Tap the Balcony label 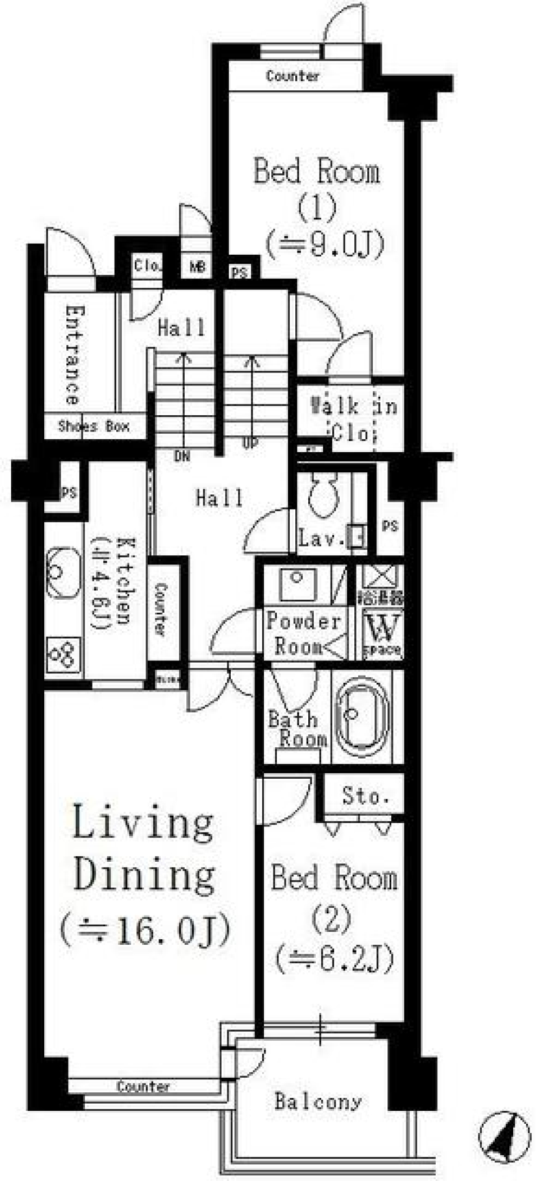318,1101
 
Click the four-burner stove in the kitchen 62,654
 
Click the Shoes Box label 94,426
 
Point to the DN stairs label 182,456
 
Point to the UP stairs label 250,443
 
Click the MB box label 197,267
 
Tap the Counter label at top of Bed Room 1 293,76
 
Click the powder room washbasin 298,583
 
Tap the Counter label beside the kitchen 161,609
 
